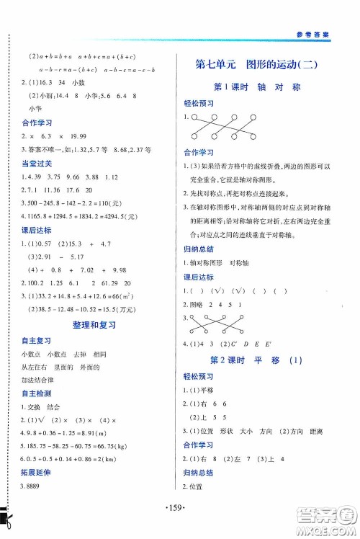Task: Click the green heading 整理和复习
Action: click(91, 326)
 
